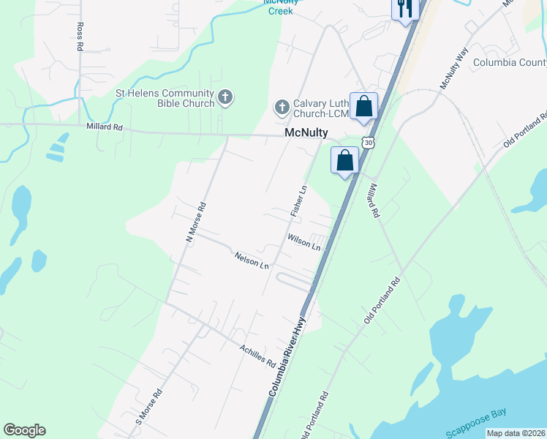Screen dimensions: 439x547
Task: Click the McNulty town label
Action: click(x=306, y=135)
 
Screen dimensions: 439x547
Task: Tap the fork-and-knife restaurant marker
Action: click(x=404, y=10)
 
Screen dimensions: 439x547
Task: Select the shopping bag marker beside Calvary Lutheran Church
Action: click(x=363, y=107)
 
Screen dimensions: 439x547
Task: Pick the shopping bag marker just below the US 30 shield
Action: click(x=345, y=160)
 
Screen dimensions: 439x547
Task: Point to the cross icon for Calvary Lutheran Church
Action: click(x=282, y=108)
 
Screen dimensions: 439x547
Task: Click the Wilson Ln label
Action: click(x=304, y=242)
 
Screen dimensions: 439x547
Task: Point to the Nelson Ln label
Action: click(x=252, y=260)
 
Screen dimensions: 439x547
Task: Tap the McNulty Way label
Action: click(x=453, y=69)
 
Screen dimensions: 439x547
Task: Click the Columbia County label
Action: click(x=510, y=62)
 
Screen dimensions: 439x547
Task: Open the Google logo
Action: click(x=24, y=430)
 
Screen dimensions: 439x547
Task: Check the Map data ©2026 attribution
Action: click(x=516, y=433)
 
